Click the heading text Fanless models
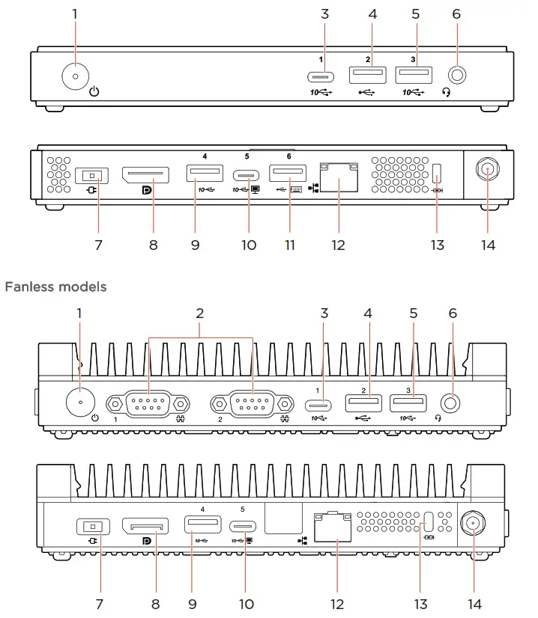tap(55, 287)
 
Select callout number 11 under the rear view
tap(289, 245)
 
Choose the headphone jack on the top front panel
tap(457, 76)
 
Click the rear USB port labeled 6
tap(288, 174)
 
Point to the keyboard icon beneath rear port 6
tap(295, 189)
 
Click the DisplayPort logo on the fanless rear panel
tap(146, 540)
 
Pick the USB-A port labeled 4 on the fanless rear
tap(203, 524)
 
